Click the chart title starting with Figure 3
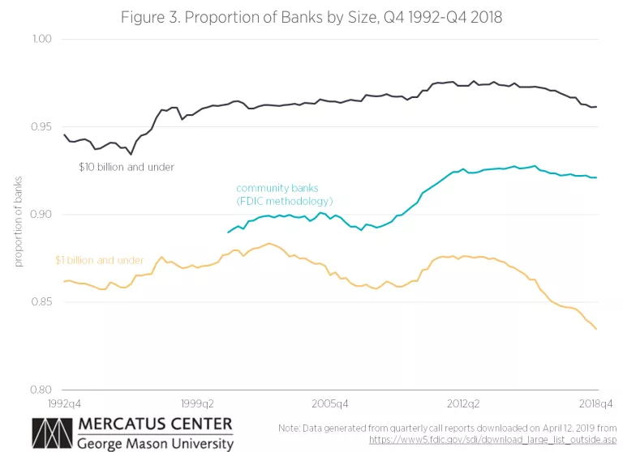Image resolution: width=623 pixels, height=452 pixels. pos(311,17)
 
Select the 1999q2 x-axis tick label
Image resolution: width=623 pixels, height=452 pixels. pos(196,403)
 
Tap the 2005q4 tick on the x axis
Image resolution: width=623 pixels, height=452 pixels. pos(330,403)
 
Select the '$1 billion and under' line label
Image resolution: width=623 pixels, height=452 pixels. pos(99,261)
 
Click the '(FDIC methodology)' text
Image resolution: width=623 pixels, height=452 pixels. pos(285,201)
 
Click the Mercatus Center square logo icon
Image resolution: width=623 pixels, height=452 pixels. pos(50,433)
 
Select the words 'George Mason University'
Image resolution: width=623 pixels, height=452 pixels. pos(155,443)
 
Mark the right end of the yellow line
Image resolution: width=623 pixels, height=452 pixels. pos(597,329)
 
